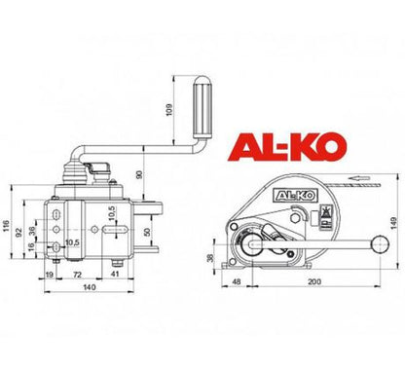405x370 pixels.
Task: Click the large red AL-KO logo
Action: (x=287, y=147)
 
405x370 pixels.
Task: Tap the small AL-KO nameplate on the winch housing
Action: (x=295, y=196)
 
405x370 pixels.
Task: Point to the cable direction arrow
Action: (x=361, y=178)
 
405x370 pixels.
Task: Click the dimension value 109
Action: (x=168, y=110)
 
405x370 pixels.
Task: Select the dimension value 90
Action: (x=139, y=174)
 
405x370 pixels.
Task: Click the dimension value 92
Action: (x=18, y=232)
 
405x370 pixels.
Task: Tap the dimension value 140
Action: (x=89, y=287)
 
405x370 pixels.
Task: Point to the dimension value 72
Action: (x=77, y=275)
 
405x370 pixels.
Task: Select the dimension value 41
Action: (x=115, y=274)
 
